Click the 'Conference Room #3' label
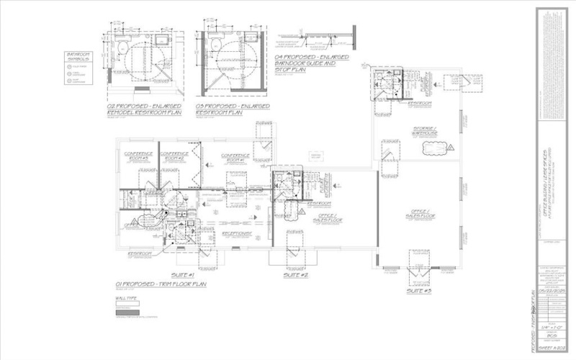[138, 155]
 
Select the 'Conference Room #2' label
[174, 155]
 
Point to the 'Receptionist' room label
[235, 233]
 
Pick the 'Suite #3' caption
[418, 291]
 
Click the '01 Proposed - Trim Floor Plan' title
[160, 284]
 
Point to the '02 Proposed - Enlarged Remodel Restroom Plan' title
[144, 109]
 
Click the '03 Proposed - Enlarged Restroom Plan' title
[235, 109]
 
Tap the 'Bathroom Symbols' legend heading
[77, 57]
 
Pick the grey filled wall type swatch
[127, 313]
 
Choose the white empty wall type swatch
[127, 304]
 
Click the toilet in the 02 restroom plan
[122, 50]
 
